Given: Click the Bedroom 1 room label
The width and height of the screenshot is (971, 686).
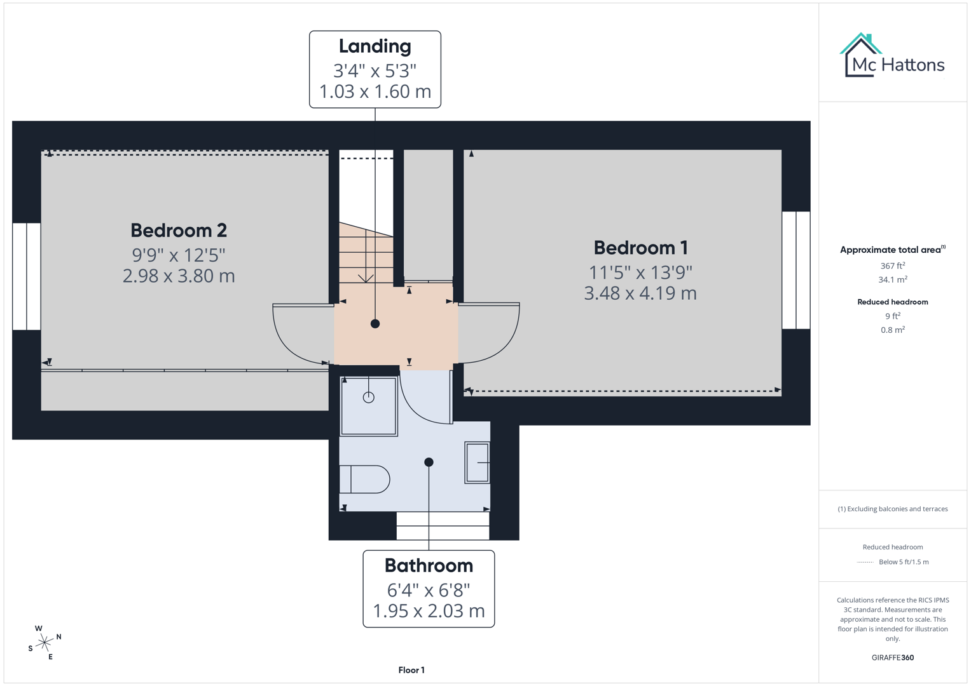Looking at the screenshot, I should tap(640, 248).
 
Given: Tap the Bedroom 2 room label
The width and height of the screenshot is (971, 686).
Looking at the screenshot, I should tap(179, 231).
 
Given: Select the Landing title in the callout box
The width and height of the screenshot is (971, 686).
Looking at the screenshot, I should tap(375, 46).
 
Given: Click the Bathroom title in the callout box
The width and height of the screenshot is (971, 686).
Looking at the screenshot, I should tap(429, 565).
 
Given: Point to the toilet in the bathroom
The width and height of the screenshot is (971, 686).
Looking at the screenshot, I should tap(366, 480).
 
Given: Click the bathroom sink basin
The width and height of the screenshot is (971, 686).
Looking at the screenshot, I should tap(477, 462).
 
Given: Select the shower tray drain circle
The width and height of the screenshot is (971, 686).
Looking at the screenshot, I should tap(369, 398).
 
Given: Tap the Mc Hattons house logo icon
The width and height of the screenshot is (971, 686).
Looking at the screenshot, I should tap(861, 55).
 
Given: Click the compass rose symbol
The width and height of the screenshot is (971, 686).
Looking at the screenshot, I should tap(45, 643).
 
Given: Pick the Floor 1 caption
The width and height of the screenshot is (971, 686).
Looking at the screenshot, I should tap(411, 670).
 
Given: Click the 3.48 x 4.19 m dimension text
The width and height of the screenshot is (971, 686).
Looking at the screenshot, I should tap(640, 293).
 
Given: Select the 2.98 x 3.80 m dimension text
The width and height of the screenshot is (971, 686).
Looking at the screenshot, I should tap(179, 276).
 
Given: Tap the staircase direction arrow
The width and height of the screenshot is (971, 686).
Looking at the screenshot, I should tap(366, 278).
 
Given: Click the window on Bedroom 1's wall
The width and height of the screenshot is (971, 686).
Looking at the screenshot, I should tap(795, 270).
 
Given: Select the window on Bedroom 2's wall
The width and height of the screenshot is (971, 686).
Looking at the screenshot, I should tap(27, 276).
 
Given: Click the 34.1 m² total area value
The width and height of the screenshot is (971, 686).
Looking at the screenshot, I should tap(892, 279).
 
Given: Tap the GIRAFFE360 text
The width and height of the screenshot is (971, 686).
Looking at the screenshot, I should tap(892, 657).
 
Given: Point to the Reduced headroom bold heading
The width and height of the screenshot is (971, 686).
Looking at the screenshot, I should tap(892, 302).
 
